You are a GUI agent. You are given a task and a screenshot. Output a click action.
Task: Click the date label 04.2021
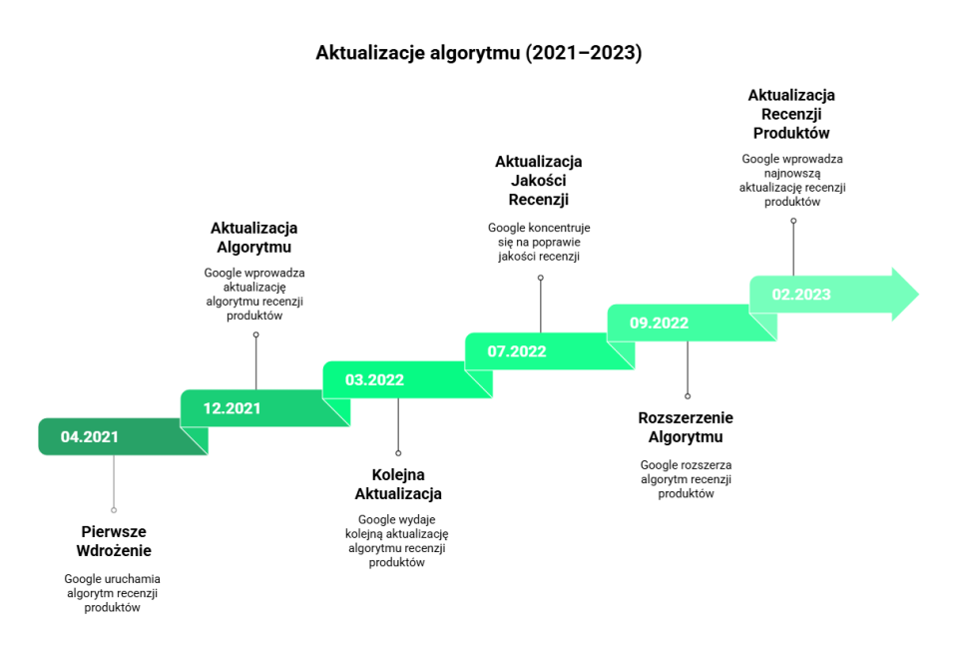(x=90, y=437)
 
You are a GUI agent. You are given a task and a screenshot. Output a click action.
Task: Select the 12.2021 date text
(x=232, y=408)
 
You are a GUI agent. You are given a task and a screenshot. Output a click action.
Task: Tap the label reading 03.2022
(x=374, y=380)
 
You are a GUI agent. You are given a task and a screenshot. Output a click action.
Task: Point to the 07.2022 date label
(x=517, y=351)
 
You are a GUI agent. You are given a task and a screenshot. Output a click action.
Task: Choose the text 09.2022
(x=659, y=324)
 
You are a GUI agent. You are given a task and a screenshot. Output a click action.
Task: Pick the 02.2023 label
(x=801, y=295)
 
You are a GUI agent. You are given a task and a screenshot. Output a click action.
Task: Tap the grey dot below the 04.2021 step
(x=114, y=510)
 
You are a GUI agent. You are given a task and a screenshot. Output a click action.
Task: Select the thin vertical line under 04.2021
(x=114, y=482)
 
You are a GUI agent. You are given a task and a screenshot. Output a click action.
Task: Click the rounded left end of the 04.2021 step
(x=43, y=437)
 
